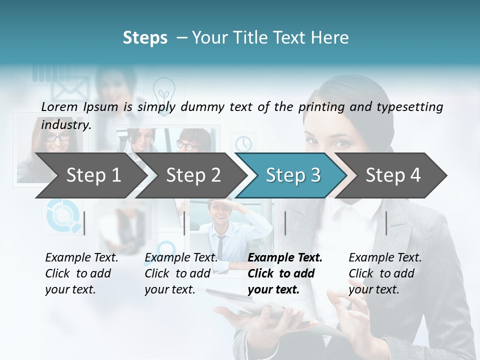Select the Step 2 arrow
click(192, 175)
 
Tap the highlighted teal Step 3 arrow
click(292, 175)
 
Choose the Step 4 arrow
click(392, 175)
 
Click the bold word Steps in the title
click(145, 37)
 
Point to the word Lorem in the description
click(59, 106)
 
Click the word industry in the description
click(65, 124)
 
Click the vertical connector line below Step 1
click(84, 223)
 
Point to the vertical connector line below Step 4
click(386, 223)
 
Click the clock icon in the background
click(244, 143)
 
